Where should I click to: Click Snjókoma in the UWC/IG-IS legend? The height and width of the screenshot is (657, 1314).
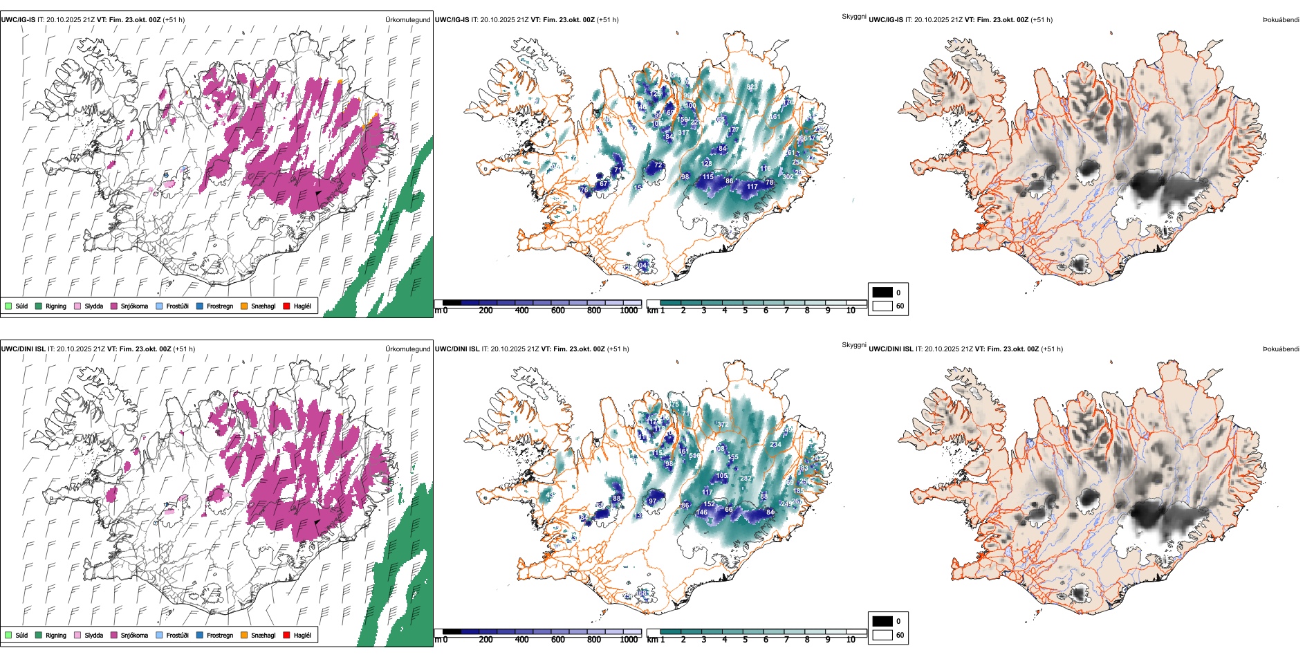(134, 306)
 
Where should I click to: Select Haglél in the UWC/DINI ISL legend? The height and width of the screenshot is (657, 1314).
(302, 635)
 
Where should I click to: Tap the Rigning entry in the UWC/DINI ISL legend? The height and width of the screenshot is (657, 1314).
(56, 635)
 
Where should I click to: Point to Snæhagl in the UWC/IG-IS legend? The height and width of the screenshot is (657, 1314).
(263, 306)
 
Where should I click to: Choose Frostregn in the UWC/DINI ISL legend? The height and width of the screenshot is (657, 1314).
(219, 635)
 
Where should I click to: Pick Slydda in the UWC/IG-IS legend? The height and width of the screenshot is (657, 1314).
(93, 306)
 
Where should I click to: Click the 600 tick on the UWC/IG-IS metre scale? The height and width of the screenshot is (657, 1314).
(558, 311)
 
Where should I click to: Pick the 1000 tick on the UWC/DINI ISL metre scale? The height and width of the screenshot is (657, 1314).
(629, 640)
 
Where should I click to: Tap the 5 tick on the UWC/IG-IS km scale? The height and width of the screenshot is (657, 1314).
(746, 311)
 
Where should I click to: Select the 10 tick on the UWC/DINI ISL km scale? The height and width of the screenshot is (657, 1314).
(851, 640)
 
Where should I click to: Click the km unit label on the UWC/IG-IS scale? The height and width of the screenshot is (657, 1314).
(652, 311)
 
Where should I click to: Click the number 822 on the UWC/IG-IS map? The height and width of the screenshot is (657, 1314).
(752, 88)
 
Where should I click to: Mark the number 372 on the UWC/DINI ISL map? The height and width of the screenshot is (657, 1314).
(723, 425)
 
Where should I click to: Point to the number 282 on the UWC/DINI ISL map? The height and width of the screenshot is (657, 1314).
(746, 479)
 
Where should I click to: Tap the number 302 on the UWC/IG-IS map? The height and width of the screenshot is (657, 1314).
(788, 177)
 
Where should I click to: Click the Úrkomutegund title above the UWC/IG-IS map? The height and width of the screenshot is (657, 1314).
(407, 20)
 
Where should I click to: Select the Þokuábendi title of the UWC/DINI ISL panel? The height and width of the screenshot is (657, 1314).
(1281, 349)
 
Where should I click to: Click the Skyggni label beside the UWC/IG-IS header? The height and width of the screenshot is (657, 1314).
(853, 17)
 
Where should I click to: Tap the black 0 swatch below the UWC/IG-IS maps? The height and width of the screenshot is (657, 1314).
(882, 293)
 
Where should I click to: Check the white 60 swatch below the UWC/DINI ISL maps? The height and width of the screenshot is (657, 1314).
(882, 635)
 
